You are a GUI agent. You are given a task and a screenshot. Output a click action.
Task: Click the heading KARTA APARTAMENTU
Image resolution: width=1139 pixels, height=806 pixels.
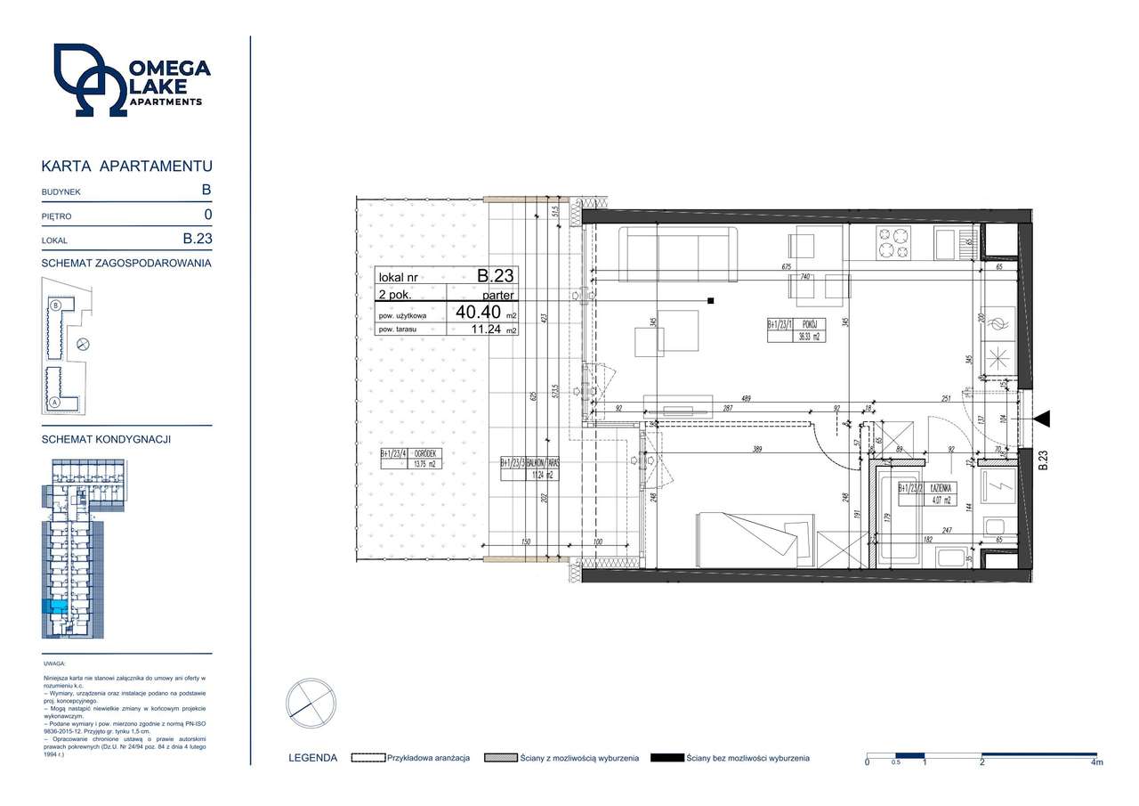tap(127, 166)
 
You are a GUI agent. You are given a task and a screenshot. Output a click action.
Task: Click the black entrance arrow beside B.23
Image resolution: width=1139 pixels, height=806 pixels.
tap(1042, 417)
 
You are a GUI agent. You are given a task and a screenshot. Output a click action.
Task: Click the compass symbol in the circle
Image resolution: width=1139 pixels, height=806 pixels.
tap(311, 704)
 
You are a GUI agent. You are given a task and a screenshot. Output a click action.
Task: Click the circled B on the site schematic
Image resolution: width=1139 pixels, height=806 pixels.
tap(55, 305)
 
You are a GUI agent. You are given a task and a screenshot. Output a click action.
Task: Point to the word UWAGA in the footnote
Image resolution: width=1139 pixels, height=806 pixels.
tap(53, 664)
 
